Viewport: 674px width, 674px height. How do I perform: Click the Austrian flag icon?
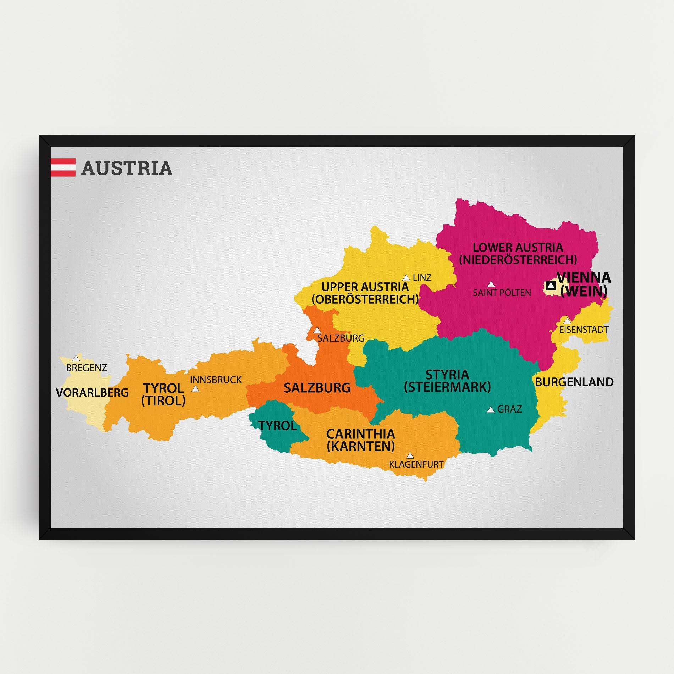(63, 167)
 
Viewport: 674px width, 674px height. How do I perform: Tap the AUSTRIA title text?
(127, 168)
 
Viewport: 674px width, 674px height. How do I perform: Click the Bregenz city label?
(87, 368)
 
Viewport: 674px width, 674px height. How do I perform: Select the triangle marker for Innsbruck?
(195, 389)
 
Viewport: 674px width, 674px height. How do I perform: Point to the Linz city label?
(422, 277)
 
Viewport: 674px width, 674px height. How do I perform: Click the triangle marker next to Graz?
(491, 410)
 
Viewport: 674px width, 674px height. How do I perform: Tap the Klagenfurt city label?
(416, 464)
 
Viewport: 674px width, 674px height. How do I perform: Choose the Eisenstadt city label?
(584, 330)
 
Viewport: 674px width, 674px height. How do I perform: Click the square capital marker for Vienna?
(551, 285)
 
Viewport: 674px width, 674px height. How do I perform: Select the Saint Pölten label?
(502, 293)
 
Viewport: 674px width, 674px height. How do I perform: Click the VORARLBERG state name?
(92, 392)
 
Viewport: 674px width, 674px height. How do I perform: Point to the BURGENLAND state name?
(574, 382)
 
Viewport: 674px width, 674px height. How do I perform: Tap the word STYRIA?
(447, 375)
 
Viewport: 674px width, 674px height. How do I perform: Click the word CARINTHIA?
(360, 434)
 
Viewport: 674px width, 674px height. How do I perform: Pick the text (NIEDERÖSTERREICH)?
(518, 260)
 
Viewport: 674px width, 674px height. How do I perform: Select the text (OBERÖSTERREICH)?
(365, 299)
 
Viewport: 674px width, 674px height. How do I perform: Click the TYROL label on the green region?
(278, 426)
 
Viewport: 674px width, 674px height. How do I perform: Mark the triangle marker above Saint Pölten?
(491, 284)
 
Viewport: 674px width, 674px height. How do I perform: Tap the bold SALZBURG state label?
(317, 388)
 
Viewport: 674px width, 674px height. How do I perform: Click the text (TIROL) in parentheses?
(163, 400)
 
